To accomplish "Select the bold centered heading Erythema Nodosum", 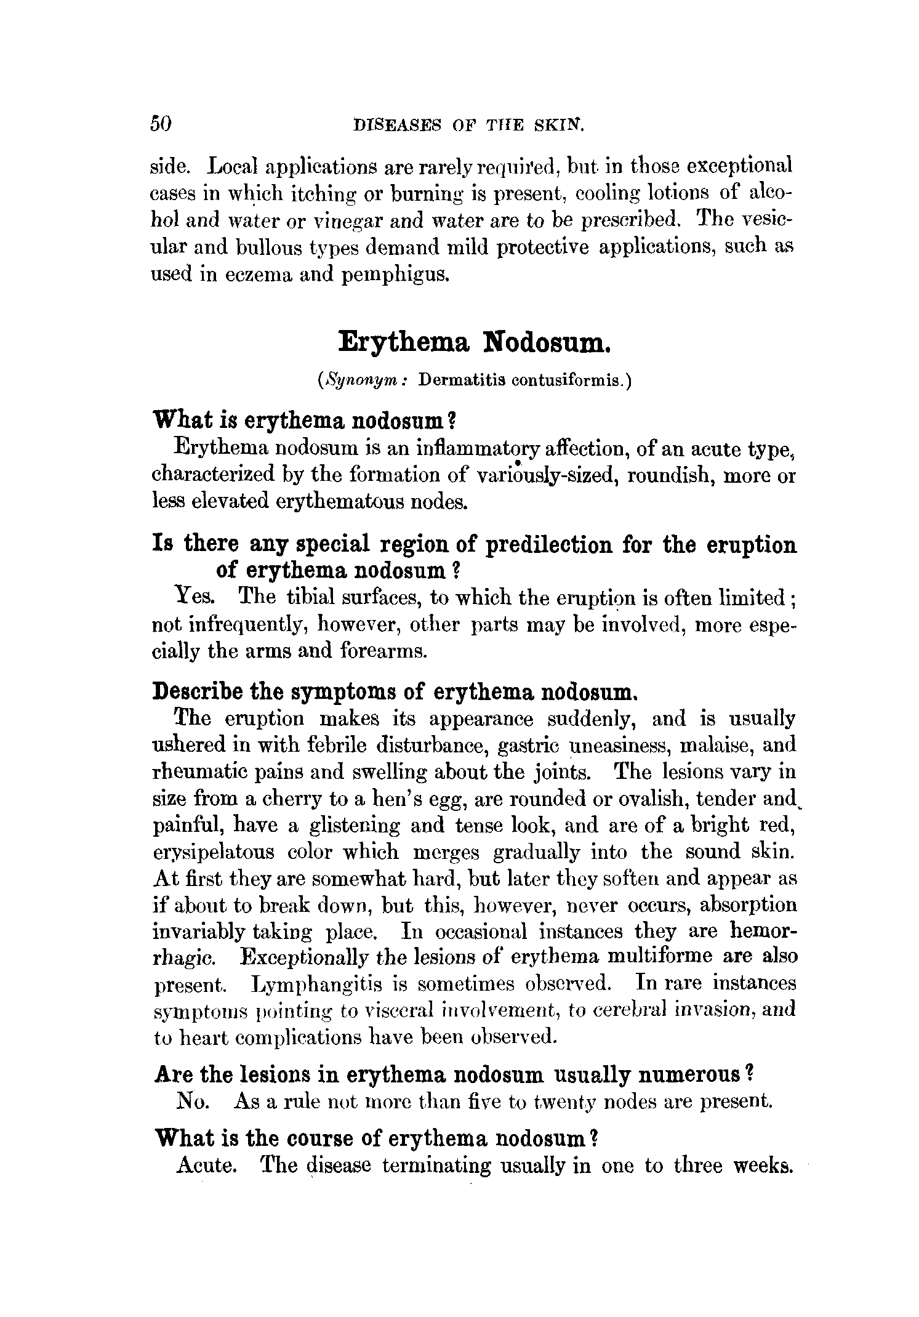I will click(474, 342).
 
